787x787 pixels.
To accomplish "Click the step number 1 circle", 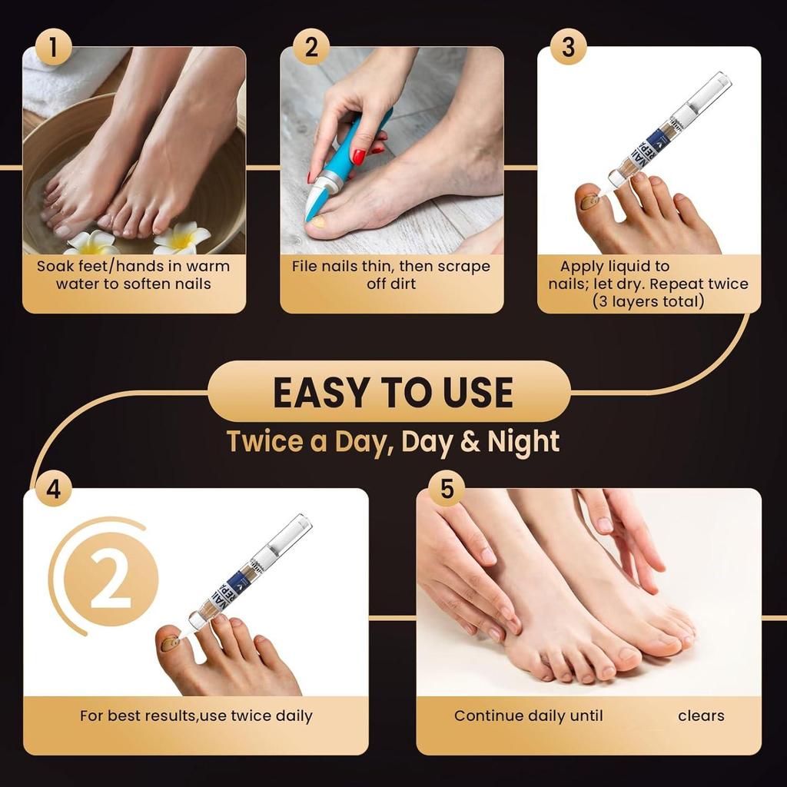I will coord(52,48).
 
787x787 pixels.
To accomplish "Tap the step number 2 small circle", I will coord(310,48).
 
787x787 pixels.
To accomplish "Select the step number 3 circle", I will coord(568,48).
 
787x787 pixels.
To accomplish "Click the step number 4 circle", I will coord(53,490).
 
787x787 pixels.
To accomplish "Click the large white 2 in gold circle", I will coord(111,578).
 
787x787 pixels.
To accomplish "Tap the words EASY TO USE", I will coord(393,392).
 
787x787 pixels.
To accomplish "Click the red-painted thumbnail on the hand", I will coord(358,157).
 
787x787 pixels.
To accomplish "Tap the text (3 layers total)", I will coord(648,301).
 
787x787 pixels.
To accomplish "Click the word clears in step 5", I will coord(701,716).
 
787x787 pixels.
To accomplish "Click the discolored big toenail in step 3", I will coord(589,202).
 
